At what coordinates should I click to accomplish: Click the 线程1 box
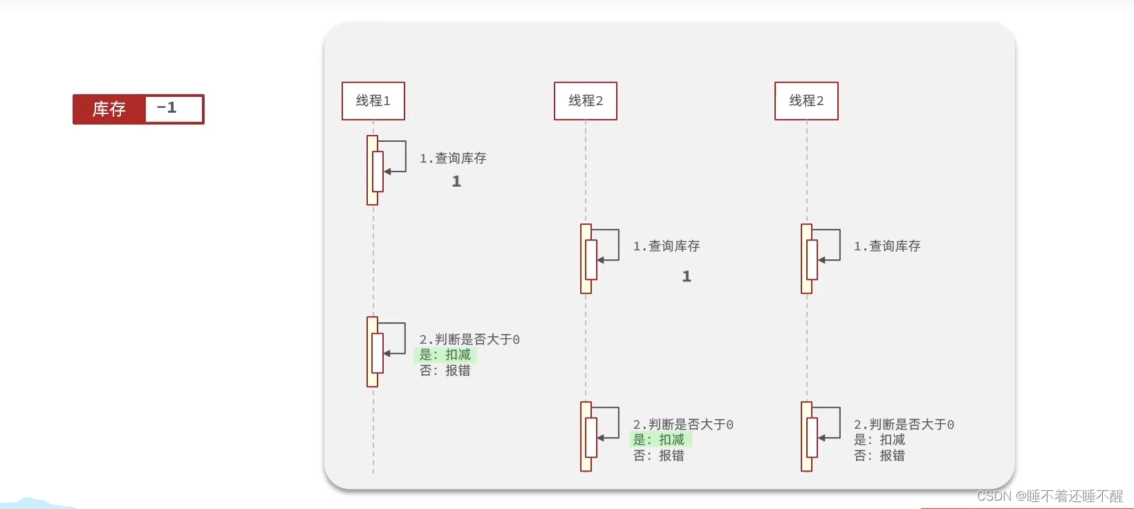click(x=373, y=101)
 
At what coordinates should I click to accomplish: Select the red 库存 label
click(x=109, y=109)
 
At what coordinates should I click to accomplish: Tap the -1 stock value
click(x=167, y=109)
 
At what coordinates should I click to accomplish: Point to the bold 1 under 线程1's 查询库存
click(x=456, y=181)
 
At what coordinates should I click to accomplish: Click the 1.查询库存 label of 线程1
click(x=453, y=158)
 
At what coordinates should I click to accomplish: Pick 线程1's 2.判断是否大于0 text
click(x=470, y=340)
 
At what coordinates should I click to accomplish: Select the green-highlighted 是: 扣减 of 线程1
click(x=445, y=355)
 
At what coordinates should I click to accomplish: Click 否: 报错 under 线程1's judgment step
click(x=445, y=371)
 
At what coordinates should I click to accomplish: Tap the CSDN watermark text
click(x=1050, y=496)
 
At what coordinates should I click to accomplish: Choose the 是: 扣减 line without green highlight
click(x=879, y=440)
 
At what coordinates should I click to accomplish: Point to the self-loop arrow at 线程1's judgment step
click(x=396, y=339)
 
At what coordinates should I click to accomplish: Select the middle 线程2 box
click(x=586, y=101)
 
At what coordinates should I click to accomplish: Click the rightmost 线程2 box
click(x=806, y=101)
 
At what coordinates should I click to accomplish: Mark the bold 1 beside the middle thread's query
click(x=687, y=277)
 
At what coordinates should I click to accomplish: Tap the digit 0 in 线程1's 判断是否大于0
click(x=516, y=340)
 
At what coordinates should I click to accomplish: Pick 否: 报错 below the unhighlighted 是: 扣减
click(x=879, y=456)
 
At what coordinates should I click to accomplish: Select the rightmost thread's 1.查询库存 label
click(x=887, y=246)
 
